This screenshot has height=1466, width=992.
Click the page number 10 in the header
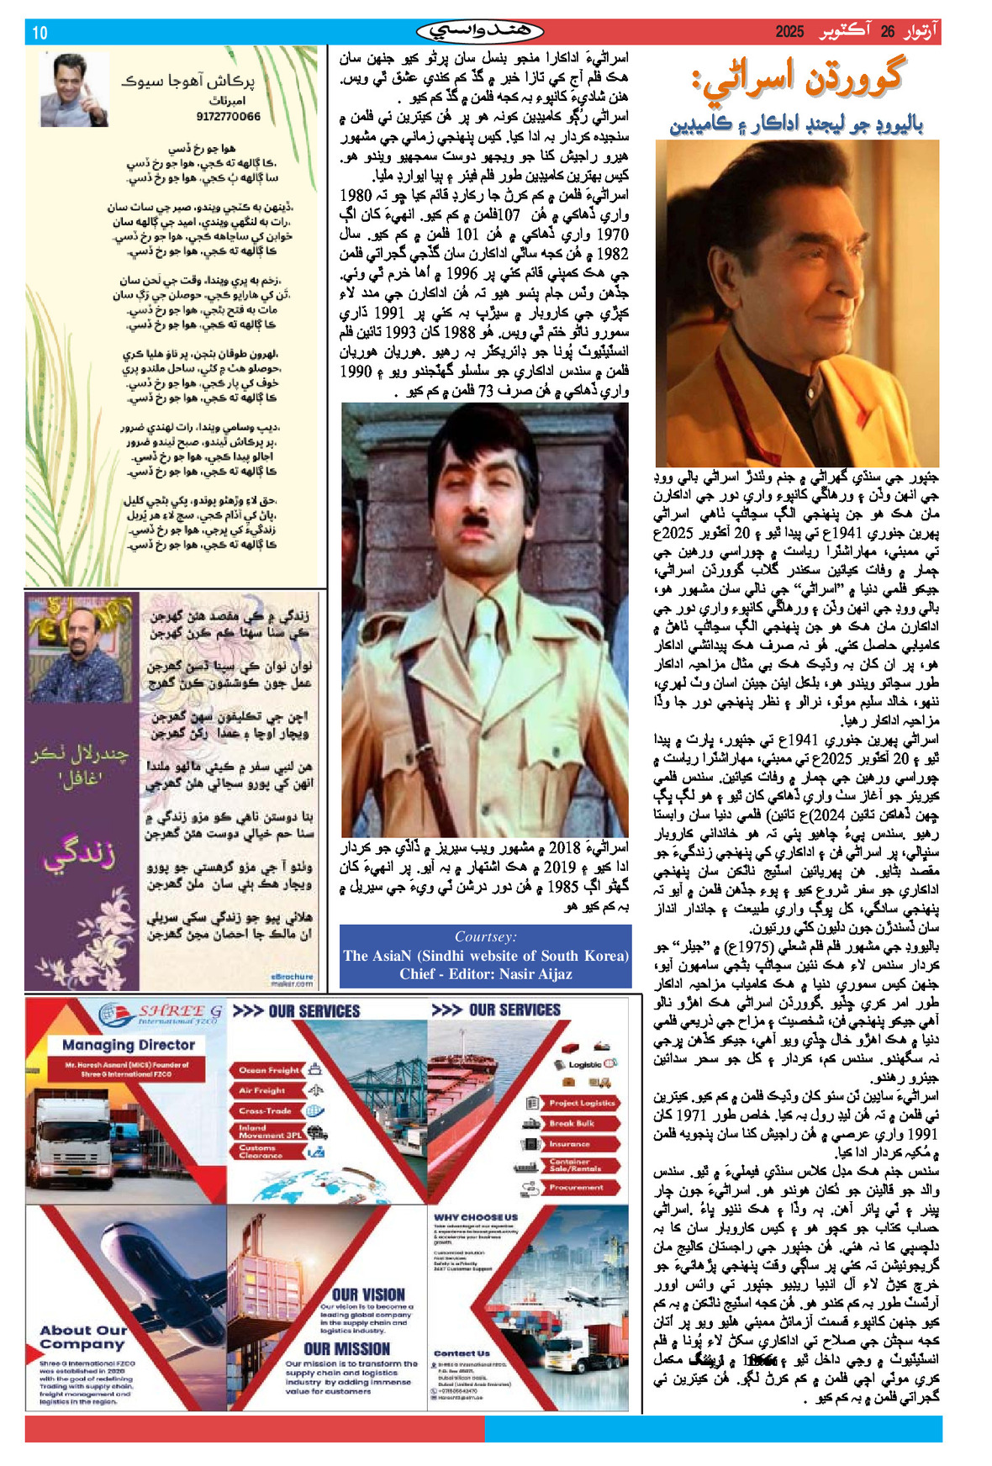pyautogui.click(x=40, y=33)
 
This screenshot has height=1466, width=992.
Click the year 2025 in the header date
pyautogui.click(x=789, y=32)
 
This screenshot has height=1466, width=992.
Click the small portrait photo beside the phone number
pyautogui.click(x=75, y=90)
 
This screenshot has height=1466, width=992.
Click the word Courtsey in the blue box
pyautogui.click(x=486, y=936)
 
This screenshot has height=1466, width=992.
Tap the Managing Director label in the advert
pyautogui.click(x=129, y=1045)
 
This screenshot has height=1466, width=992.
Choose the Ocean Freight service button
pyautogui.click(x=269, y=1070)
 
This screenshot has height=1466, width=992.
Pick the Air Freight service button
pyautogui.click(x=263, y=1090)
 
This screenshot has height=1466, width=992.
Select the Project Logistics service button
pyautogui.click(x=583, y=1103)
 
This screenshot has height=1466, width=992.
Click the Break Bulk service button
pyautogui.click(x=573, y=1123)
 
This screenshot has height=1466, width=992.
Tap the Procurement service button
pyautogui.click(x=576, y=1188)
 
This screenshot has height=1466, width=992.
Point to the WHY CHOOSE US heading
pyautogui.click(x=476, y=1217)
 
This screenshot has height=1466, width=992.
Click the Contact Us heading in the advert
pyautogui.click(x=462, y=1353)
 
